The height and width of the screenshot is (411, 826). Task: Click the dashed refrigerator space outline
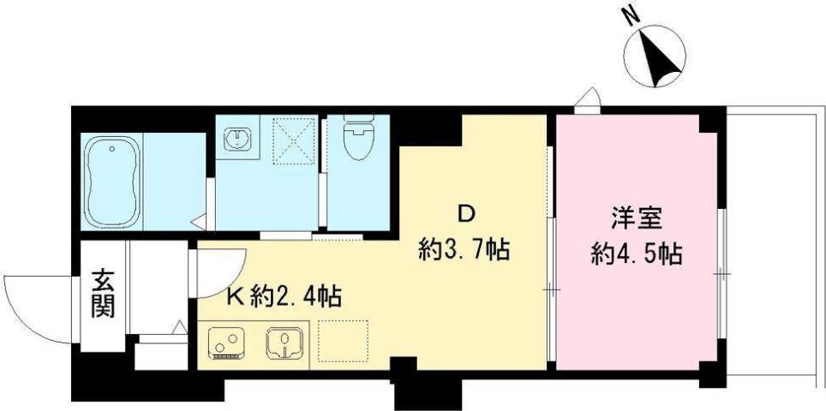pyautogui.click(x=344, y=341)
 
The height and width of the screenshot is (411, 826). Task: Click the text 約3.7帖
pyautogui.click(x=464, y=250)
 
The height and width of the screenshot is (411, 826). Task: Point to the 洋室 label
pyautogui.click(x=635, y=218)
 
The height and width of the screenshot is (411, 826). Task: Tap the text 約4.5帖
pyautogui.click(x=637, y=254)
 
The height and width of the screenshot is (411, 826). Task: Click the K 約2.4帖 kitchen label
pyautogui.click(x=284, y=297)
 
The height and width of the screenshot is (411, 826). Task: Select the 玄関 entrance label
pyautogui.click(x=104, y=294)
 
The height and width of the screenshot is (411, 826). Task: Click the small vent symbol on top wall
pyautogui.click(x=587, y=102)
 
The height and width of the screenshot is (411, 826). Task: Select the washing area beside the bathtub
pyautogui.click(x=174, y=182)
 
